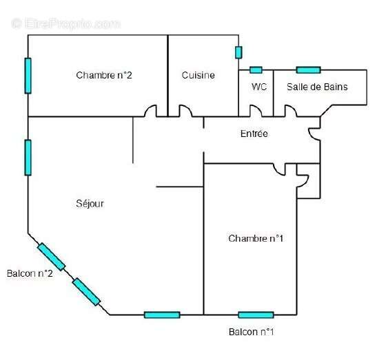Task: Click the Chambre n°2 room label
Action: coord(104,75)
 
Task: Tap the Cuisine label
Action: coord(198,75)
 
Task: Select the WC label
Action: coord(259,87)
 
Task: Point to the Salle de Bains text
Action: coord(317,87)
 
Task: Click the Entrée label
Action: coord(254,134)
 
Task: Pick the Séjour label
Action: coord(90,204)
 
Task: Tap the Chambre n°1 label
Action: coord(256,238)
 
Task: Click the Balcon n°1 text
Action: coord(252,332)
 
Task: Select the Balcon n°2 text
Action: coord(30,273)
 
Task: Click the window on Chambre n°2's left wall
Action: coord(28,76)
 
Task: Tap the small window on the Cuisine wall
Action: coord(238,52)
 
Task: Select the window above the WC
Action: coord(256,70)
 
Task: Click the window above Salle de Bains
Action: coord(309,70)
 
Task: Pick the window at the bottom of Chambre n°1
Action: coord(256,315)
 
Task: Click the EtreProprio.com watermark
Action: coord(65,24)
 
